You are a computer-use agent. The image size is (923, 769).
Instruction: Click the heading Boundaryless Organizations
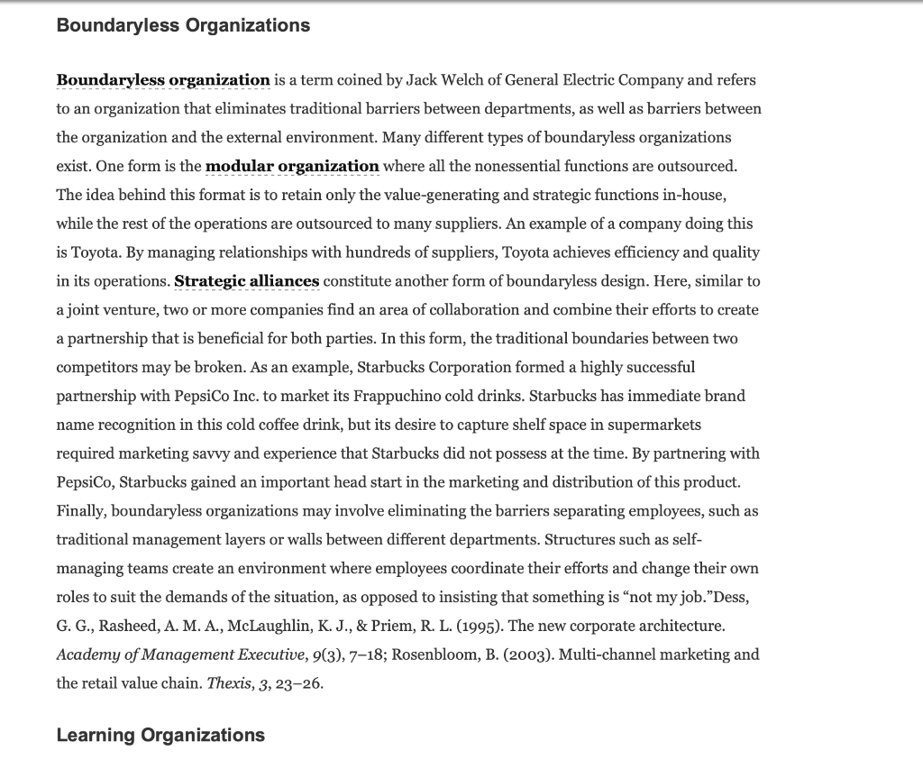(183, 25)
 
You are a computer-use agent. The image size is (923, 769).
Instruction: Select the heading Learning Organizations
(160, 735)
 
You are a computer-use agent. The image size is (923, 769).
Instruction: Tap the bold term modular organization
(292, 166)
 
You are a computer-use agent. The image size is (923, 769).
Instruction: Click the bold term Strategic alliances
(246, 281)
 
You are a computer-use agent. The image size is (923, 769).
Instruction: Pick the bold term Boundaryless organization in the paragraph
(163, 79)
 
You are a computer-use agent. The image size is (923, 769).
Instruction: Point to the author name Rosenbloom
(436, 655)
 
